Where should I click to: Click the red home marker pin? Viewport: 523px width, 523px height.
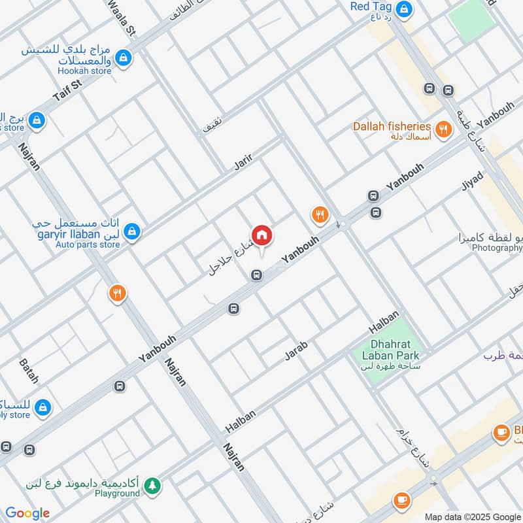coord(261,235)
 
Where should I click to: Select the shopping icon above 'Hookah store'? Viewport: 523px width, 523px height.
coord(123,59)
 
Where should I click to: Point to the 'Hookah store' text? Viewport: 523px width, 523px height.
coord(84,71)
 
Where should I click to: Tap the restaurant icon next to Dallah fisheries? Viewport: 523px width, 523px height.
coord(444,129)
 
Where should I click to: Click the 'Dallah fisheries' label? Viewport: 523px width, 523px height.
coord(392,126)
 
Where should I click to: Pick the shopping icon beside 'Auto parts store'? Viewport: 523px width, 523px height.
coord(133,231)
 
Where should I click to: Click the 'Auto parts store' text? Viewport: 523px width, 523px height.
coord(88,245)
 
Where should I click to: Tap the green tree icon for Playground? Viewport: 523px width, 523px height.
coord(152,485)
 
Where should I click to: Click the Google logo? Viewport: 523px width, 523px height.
coord(27,513)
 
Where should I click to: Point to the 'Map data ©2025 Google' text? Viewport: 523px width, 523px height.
coord(471,516)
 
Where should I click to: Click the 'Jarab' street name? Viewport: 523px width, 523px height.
coord(295,350)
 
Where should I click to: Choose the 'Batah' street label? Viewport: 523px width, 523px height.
coord(29,371)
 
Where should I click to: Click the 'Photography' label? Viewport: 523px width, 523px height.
coord(497,248)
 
